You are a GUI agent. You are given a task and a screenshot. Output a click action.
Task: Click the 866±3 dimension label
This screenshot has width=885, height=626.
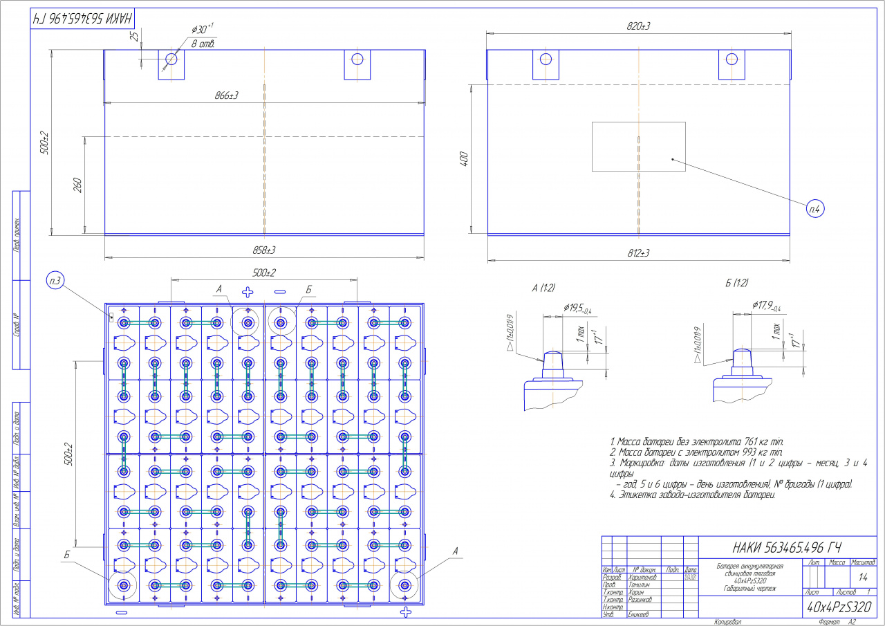click(x=227, y=95)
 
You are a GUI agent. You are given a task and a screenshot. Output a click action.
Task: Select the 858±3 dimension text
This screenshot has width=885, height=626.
click(x=263, y=249)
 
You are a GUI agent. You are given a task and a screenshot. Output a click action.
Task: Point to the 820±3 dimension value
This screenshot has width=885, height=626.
click(x=638, y=26)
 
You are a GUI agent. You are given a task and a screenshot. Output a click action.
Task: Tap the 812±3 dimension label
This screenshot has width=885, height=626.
click(x=638, y=254)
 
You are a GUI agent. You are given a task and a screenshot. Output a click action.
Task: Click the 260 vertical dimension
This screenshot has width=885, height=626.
click(x=77, y=185)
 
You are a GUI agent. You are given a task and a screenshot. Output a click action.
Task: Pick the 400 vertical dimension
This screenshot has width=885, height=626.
click(x=465, y=159)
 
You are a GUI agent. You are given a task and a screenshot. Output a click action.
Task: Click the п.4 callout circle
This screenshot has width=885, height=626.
click(x=815, y=207)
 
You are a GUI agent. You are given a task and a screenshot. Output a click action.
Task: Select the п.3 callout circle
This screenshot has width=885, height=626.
click(x=56, y=281)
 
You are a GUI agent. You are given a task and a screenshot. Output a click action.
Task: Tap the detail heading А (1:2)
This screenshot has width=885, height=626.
click(x=544, y=286)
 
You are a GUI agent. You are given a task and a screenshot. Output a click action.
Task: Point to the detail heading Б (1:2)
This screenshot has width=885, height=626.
click(x=736, y=284)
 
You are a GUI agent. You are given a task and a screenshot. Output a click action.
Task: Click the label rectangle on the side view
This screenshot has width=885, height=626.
click(x=638, y=146)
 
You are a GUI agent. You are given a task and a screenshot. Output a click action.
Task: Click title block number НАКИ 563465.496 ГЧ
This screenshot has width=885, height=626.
click(x=783, y=547)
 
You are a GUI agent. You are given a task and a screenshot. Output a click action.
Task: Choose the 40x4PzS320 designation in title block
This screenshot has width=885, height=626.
click(x=839, y=607)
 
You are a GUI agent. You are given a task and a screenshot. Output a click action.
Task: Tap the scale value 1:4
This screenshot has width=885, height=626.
click(x=862, y=576)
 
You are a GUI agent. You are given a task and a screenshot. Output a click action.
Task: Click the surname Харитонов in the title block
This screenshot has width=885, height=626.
click(x=642, y=576)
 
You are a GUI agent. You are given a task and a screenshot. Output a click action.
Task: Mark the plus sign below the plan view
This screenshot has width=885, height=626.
click(x=406, y=612)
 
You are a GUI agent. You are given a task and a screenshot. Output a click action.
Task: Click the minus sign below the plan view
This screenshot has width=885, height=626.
click(x=122, y=613)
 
